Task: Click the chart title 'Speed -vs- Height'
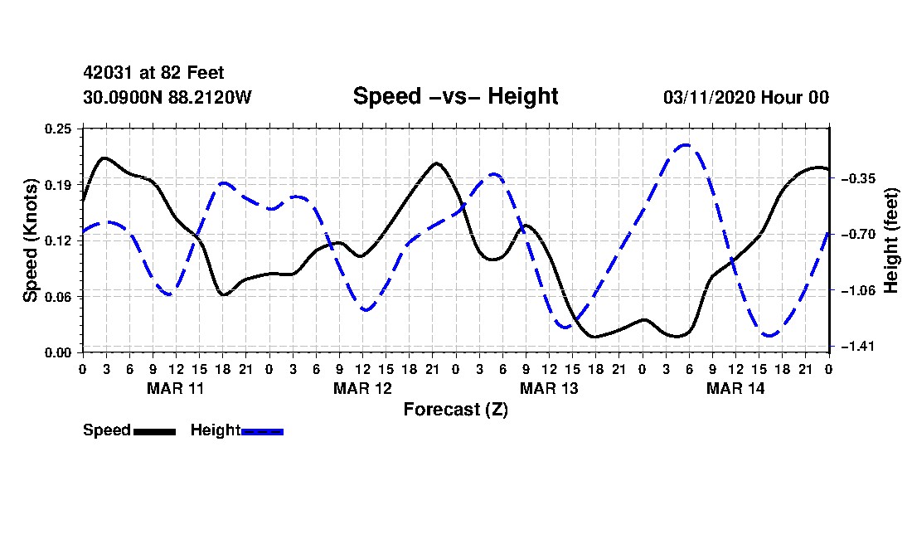coord(455,96)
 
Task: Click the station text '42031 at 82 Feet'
coord(153,73)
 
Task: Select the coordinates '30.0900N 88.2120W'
coord(167,97)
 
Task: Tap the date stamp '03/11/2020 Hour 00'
coord(746,97)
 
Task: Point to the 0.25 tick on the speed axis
coord(58,129)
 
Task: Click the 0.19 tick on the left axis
coord(58,185)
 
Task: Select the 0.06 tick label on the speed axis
coord(58,297)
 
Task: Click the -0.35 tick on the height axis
coord(858,178)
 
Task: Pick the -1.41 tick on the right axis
coord(858,347)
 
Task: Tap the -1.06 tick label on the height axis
coord(858,290)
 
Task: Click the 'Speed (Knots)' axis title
coord(30,240)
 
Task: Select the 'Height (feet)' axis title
coord(891,240)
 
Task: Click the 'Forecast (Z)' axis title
coord(456,410)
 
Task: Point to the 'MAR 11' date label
coord(176,388)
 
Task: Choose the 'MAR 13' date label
coord(549,388)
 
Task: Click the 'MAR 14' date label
coord(735,388)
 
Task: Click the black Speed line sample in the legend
coord(155,432)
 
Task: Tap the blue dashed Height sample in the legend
coord(262,432)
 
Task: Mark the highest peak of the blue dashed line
coord(686,145)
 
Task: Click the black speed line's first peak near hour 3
coord(104,158)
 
